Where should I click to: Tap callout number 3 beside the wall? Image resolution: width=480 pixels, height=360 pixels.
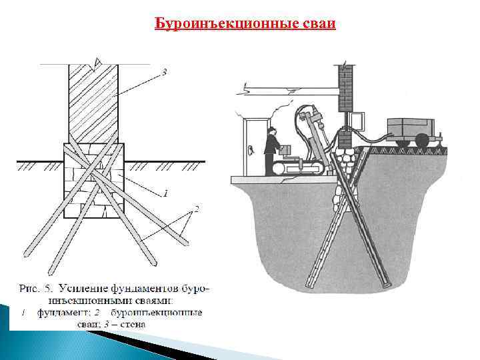[165, 71]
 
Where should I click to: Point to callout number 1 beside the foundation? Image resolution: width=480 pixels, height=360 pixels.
[165, 194]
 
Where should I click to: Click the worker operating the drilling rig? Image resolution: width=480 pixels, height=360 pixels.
[271, 150]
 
